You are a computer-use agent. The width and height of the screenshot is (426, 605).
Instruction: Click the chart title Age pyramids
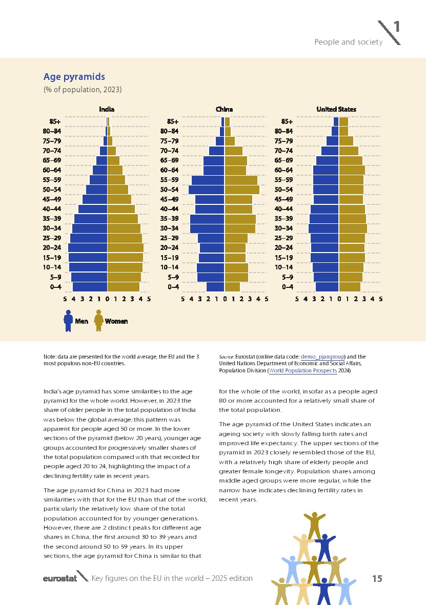click(74, 77)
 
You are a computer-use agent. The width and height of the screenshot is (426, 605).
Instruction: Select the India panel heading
click(107, 109)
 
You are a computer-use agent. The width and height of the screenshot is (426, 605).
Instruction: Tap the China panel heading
click(224, 109)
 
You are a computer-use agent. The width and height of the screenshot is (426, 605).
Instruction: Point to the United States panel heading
click(336, 109)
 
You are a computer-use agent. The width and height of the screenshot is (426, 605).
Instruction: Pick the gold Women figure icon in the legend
click(98, 321)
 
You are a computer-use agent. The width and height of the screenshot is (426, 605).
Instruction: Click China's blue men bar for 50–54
click(207, 190)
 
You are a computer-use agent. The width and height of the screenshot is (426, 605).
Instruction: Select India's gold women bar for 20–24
click(126, 247)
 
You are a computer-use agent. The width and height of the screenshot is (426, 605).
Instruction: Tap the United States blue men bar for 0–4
click(327, 286)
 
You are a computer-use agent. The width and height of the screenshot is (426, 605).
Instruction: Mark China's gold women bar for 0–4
click(232, 286)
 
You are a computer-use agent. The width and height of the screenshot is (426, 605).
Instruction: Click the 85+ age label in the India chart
click(55, 122)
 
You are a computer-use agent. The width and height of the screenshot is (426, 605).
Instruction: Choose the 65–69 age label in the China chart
click(169, 160)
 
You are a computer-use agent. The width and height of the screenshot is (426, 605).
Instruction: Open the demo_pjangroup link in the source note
click(322, 357)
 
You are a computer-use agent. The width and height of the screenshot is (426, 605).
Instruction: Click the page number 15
click(377, 578)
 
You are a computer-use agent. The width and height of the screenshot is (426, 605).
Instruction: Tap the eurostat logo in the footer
click(59, 578)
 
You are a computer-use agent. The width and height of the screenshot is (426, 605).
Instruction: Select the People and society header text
click(348, 42)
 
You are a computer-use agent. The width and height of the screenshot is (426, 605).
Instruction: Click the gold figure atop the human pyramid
click(314, 525)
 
